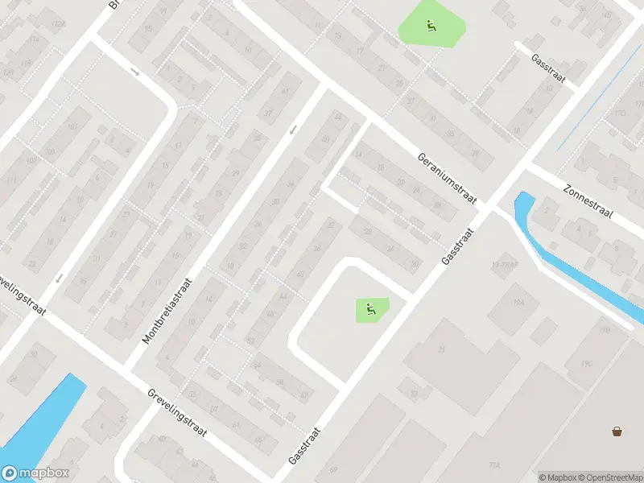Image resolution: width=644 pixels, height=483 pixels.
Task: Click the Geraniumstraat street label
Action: pyautogui.click(x=448, y=179)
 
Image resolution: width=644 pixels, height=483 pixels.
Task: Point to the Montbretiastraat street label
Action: pyautogui.click(x=169, y=312)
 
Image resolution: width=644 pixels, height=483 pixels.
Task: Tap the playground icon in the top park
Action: pyautogui.click(x=431, y=26)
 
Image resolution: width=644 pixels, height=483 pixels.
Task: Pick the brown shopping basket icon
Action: pyautogui.click(x=617, y=431)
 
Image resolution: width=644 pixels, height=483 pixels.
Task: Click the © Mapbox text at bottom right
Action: pyautogui.click(x=556, y=477)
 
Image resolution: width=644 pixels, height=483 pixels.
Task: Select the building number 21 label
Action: pyautogui.click(x=441, y=349)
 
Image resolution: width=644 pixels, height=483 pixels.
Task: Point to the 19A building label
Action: pyautogui.click(x=518, y=302)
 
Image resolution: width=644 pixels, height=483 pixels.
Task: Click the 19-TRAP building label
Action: pyautogui.click(x=502, y=265)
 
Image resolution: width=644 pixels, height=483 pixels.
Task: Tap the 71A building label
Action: pyautogui.click(x=493, y=464)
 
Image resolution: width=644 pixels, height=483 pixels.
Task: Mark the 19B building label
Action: pyautogui.click(x=604, y=329)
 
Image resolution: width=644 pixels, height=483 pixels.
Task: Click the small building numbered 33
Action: pyautogui.click(x=414, y=393)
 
